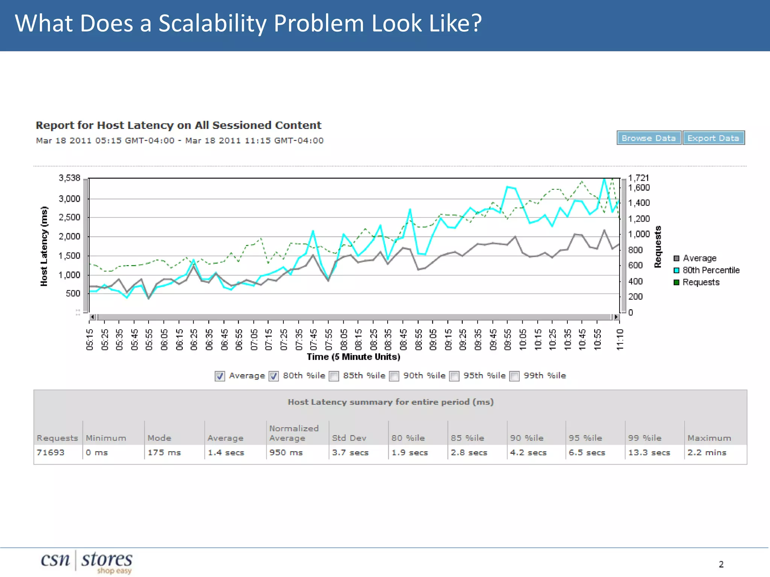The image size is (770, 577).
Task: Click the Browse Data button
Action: coord(649,138)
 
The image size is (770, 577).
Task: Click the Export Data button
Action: coord(713,138)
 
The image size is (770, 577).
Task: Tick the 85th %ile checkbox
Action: coord(334,376)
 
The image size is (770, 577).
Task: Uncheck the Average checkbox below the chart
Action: coord(220,376)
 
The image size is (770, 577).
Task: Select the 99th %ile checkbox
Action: coord(515,376)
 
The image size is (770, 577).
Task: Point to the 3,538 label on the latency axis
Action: coord(70,178)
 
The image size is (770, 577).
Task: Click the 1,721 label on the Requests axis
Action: coord(638,178)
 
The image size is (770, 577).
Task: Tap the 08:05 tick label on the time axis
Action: coord(344,339)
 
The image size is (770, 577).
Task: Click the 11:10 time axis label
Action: coord(620,339)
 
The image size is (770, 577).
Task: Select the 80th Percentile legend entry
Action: coord(711,270)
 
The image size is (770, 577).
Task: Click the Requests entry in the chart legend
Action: coord(701,282)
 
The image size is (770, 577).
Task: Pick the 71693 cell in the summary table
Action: coord(50,452)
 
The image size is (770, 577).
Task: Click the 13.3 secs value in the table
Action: coord(649,452)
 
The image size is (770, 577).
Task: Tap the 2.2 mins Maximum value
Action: coord(707,452)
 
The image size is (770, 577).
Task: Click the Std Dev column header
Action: coord(349,438)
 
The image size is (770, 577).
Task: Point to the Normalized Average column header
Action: coord(294,433)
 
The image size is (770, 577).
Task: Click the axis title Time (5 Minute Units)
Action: coord(353,356)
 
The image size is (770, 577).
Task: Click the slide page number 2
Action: coord(721,564)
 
